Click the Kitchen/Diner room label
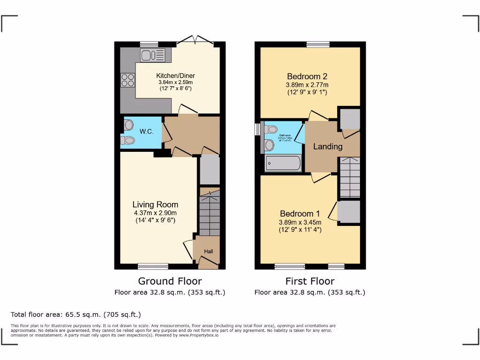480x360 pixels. pyautogui.click(x=175, y=75)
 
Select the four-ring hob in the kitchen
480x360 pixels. pyautogui.click(x=127, y=81)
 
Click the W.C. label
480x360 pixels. pyautogui.click(x=146, y=132)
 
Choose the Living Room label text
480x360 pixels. pyautogui.click(x=155, y=204)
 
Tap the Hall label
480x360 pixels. pyautogui.click(x=208, y=252)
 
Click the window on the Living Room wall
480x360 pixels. pyautogui.click(x=153, y=266)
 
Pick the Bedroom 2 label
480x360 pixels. pyautogui.click(x=307, y=76)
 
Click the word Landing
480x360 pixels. pyautogui.click(x=328, y=146)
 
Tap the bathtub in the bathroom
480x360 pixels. pyautogui.click(x=283, y=164)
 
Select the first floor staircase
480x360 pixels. pyautogui.click(x=349, y=177)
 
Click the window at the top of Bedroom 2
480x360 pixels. pyautogui.click(x=318, y=45)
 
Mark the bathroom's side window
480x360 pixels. pyautogui.click(x=257, y=130)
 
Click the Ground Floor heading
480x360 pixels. pyautogui.click(x=170, y=281)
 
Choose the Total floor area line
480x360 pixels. pyautogui.click(x=75, y=315)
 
